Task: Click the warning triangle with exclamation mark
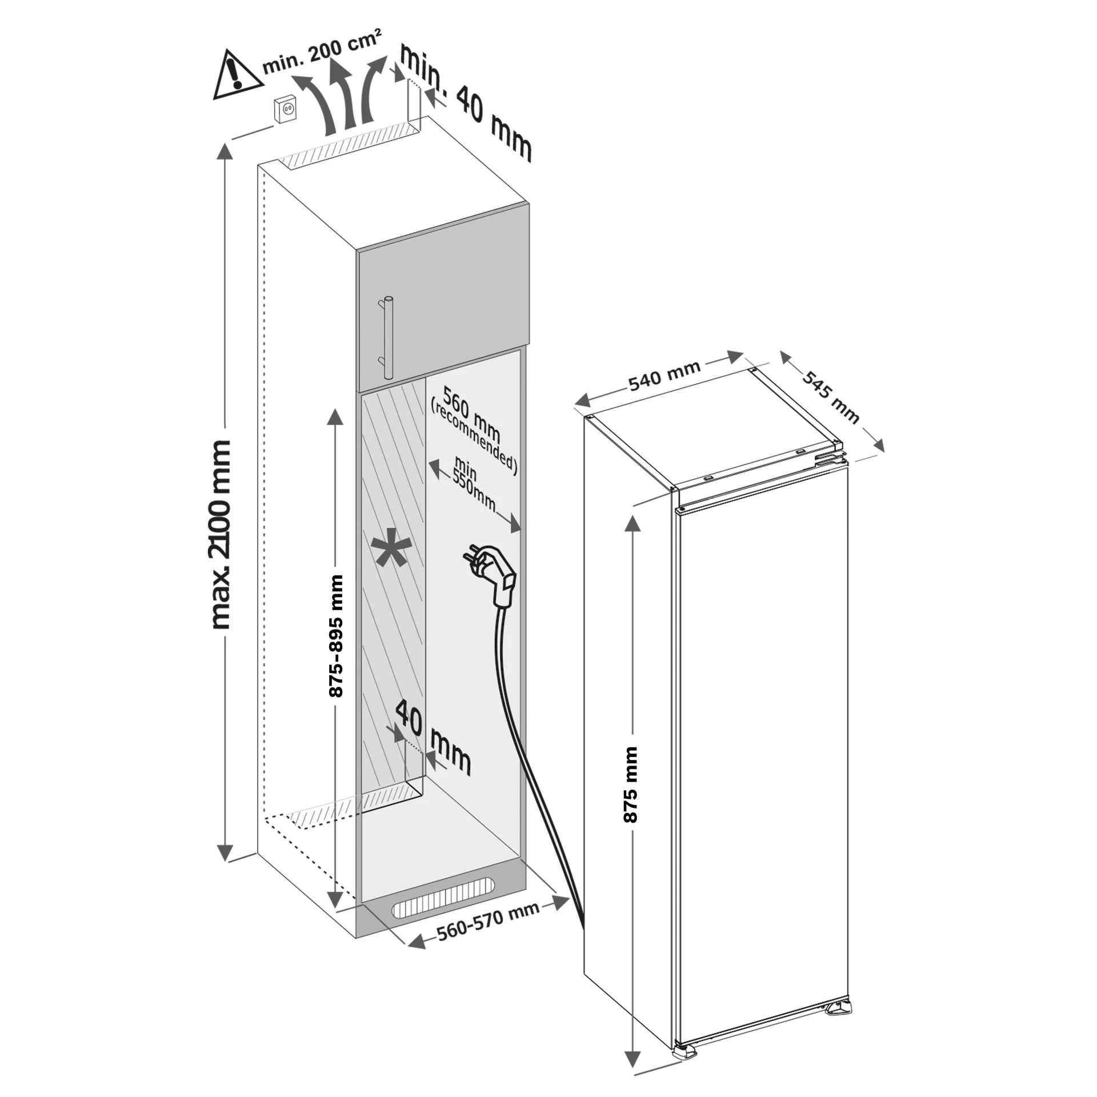(237, 77)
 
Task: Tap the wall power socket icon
(286, 110)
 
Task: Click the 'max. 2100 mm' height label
(221, 534)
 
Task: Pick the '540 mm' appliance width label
(664, 376)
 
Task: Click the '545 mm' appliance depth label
(831, 397)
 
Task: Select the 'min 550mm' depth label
(472, 483)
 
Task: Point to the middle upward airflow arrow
(345, 97)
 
